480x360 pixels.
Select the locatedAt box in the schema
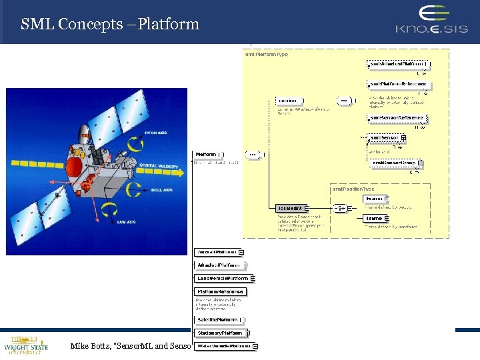290,208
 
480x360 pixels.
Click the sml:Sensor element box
384,138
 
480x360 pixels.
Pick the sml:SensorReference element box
396,118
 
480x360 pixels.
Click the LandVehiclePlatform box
222,278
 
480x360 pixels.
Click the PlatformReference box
220,291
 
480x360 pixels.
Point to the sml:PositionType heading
353,189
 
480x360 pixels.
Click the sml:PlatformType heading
267,55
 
